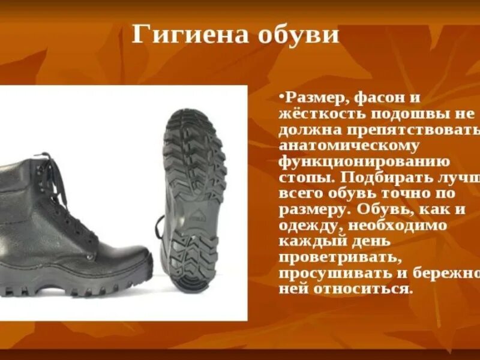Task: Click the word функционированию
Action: click(x=364, y=163)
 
